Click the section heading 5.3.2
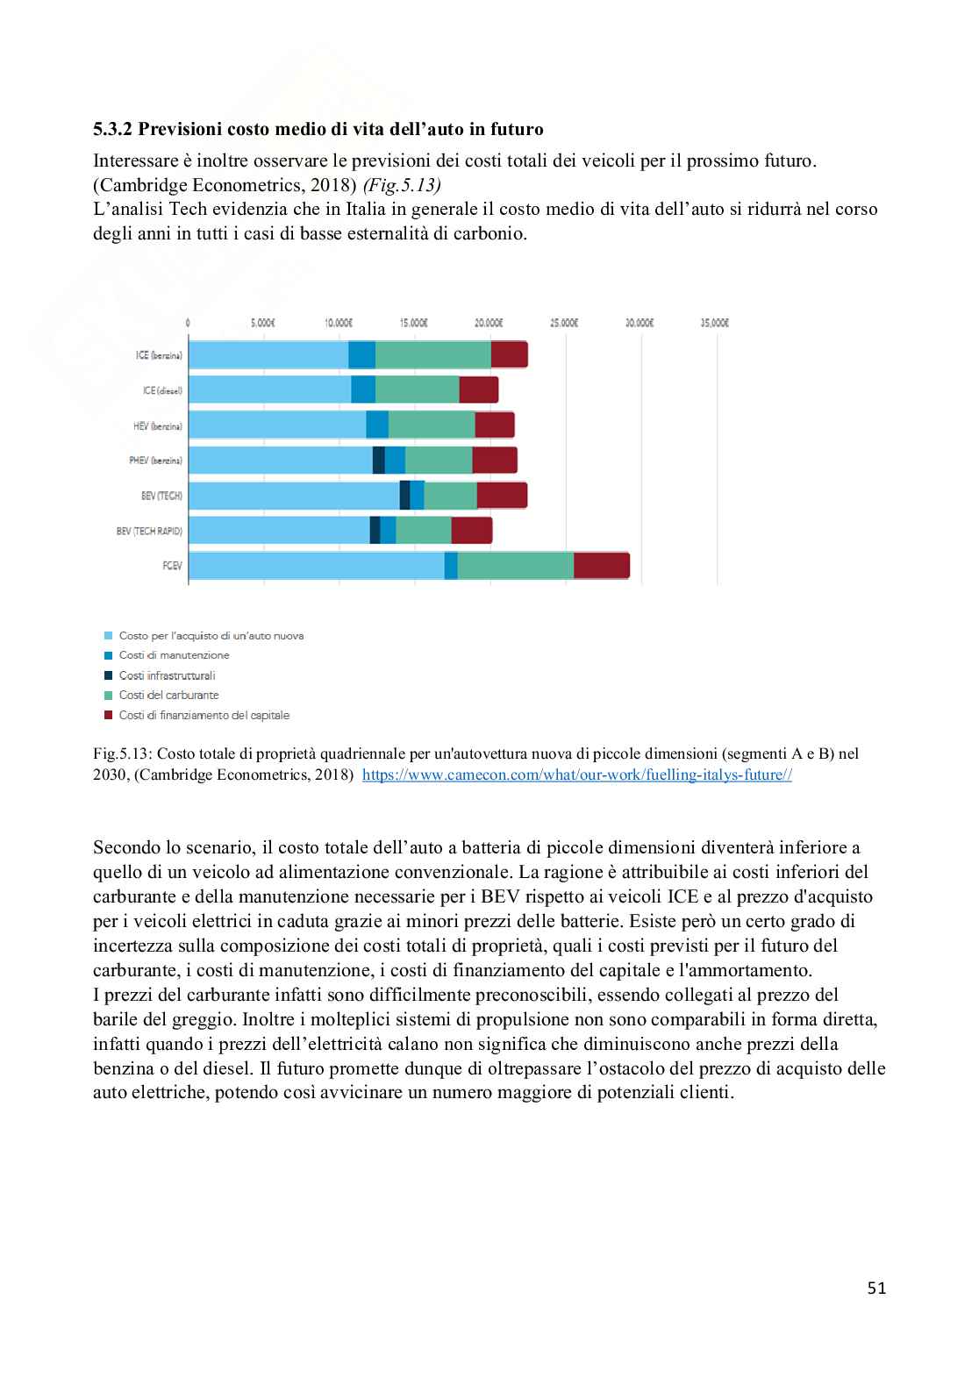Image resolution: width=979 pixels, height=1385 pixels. (318, 130)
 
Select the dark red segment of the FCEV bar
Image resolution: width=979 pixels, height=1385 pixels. (601, 566)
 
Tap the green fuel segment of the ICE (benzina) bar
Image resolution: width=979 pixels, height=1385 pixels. (432, 354)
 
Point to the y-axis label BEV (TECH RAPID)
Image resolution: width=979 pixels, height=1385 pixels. (150, 531)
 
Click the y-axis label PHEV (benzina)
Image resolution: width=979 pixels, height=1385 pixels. (155, 460)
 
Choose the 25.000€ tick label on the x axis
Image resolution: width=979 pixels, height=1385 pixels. (564, 322)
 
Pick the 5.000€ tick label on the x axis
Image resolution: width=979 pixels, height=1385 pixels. (264, 322)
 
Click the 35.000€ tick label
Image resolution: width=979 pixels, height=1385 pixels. (716, 322)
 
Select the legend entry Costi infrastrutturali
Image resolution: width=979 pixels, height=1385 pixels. (167, 675)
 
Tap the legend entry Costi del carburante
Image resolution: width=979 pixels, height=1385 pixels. (168, 696)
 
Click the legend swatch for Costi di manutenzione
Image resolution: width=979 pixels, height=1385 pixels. (109, 656)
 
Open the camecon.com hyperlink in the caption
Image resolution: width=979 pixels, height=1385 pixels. (576, 775)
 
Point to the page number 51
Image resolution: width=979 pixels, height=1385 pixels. (876, 1288)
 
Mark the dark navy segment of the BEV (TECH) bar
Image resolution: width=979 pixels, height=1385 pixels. (404, 495)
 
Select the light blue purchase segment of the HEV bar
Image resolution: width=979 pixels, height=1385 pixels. (277, 425)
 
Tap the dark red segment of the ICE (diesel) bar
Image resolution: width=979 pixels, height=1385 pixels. (478, 389)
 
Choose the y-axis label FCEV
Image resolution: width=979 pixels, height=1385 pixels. (172, 566)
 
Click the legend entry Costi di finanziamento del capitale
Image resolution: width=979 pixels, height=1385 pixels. (204, 716)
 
